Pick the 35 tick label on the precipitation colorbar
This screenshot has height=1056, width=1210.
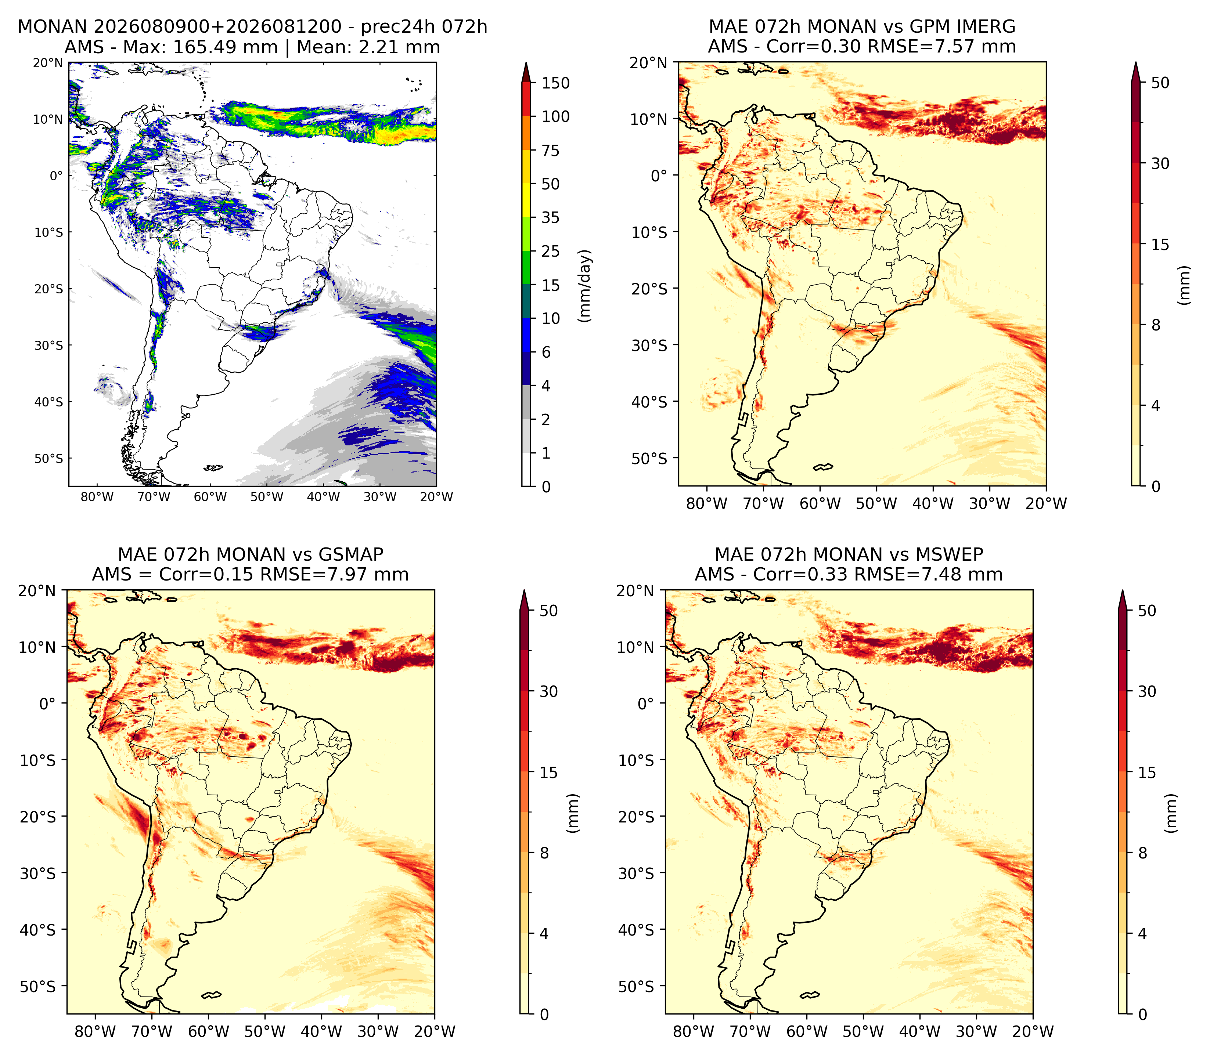551,217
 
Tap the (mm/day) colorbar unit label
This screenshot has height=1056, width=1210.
585,286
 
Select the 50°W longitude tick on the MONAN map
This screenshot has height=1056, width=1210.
266,497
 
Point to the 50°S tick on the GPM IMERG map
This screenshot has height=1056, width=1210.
649,459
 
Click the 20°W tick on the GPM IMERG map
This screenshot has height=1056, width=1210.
1046,503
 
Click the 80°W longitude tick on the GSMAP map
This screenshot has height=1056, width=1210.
96,1031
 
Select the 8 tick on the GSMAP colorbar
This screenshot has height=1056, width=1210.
544,853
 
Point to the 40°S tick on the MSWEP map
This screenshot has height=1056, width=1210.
635,930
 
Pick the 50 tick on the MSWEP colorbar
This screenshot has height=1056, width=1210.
1146,611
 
